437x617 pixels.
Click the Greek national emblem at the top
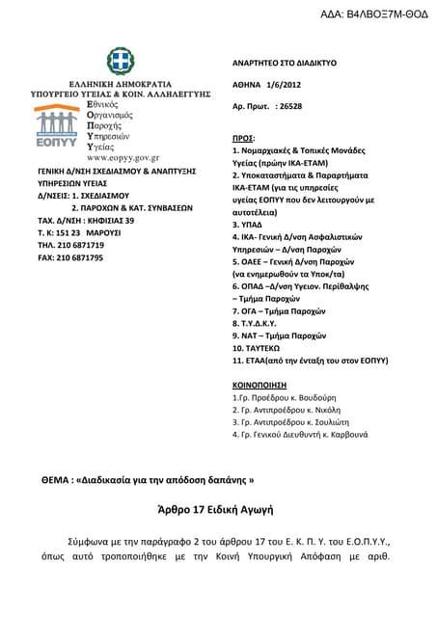pos(121,62)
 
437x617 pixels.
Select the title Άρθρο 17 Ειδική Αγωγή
pos(217,507)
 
